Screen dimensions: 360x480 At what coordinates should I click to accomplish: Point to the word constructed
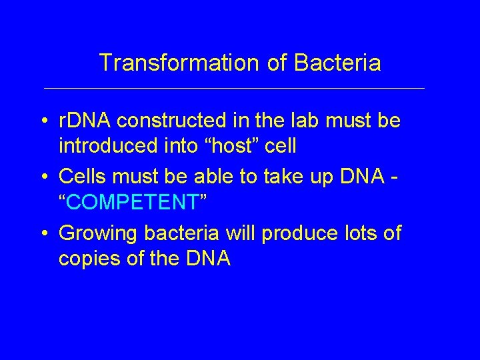(x=173, y=121)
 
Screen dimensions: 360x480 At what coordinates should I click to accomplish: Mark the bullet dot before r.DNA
(x=43, y=122)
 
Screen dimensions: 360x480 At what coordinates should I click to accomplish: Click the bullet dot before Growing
(x=43, y=234)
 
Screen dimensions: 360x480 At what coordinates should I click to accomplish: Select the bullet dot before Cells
(x=43, y=177)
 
